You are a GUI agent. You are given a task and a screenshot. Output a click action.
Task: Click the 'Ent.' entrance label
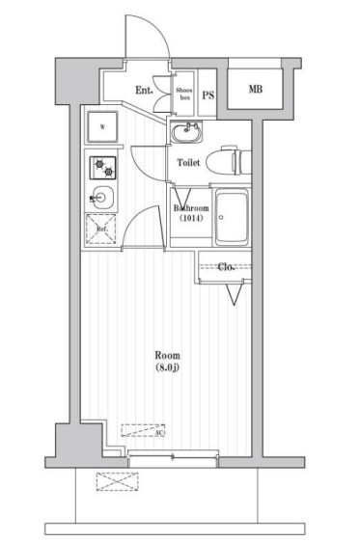click(x=145, y=91)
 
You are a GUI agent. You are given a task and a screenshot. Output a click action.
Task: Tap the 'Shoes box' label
click(x=183, y=93)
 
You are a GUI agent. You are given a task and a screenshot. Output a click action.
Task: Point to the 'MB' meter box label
click(x=256, y=90)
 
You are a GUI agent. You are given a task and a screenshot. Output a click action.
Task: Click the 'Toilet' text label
click(x=188, y=163)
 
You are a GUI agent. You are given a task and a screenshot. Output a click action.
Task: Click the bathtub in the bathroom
click(x=231, y=217)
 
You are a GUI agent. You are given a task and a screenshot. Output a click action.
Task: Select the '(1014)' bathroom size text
click(x=191, y=219)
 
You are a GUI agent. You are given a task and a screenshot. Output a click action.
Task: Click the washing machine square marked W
click(x=101, y=124)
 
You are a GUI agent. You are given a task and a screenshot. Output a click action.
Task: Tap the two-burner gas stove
click(x=101, y=168)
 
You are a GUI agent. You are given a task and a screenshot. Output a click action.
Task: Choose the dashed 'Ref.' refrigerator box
click(x=100, y=229)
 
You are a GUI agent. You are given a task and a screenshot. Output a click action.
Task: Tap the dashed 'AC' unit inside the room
click(x=142, y=430)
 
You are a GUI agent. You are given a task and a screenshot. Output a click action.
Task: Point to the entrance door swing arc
click(x=152, y=43)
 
